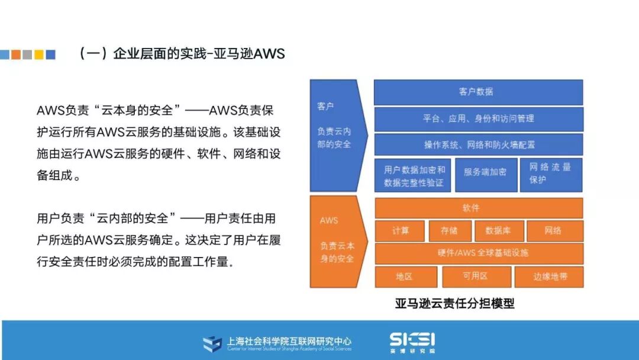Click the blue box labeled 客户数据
(x=478, y=92)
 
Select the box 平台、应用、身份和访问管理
(x=478, y=118)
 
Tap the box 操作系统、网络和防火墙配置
(x=478, y=144)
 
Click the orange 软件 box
(x=478, y=208)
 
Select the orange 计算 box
(x=401, y=230)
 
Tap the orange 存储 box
(x=448, y=230)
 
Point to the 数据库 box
(x=498, y=230)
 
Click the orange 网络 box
(x=554, y=230)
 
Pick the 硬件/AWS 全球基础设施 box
(x=478, y=253)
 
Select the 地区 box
(x=405, y=277)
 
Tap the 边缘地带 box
(x=548, y=277)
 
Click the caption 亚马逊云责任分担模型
(x=455, y=304)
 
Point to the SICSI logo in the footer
(x=412, y=340)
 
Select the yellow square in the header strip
(x=39, y=54)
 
